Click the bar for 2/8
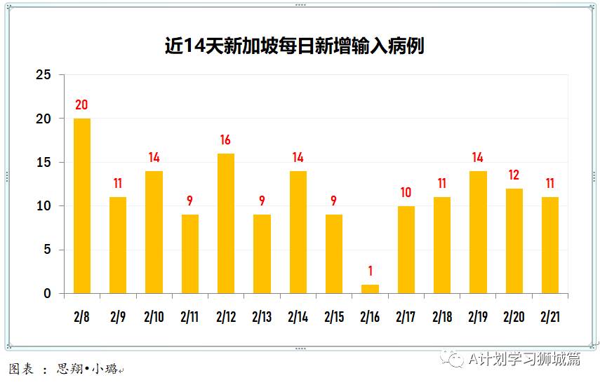[x=82, y=205]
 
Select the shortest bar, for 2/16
[x=370, y=289]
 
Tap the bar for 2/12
[x=226, y=223]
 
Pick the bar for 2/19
[x=478, y=232]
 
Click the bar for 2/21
[x=550, y=245]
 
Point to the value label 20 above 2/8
[x=81, y=105]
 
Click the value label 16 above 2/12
[x=225, y=140]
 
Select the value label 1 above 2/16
[x=370, y=271]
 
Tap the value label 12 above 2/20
[x=514, y=175]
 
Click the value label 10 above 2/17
[x=406, y=193]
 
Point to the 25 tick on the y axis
[x=44, y=75]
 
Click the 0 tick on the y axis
[x=47, y=294]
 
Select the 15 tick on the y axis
[x=44, y=163]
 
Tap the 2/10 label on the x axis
[x=154, y=317]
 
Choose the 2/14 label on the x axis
[x=298, y=317]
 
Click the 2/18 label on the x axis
[x=442, y=317]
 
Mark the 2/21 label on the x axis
[x=550, y=317]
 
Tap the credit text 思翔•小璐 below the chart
[x=88, y=369]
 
